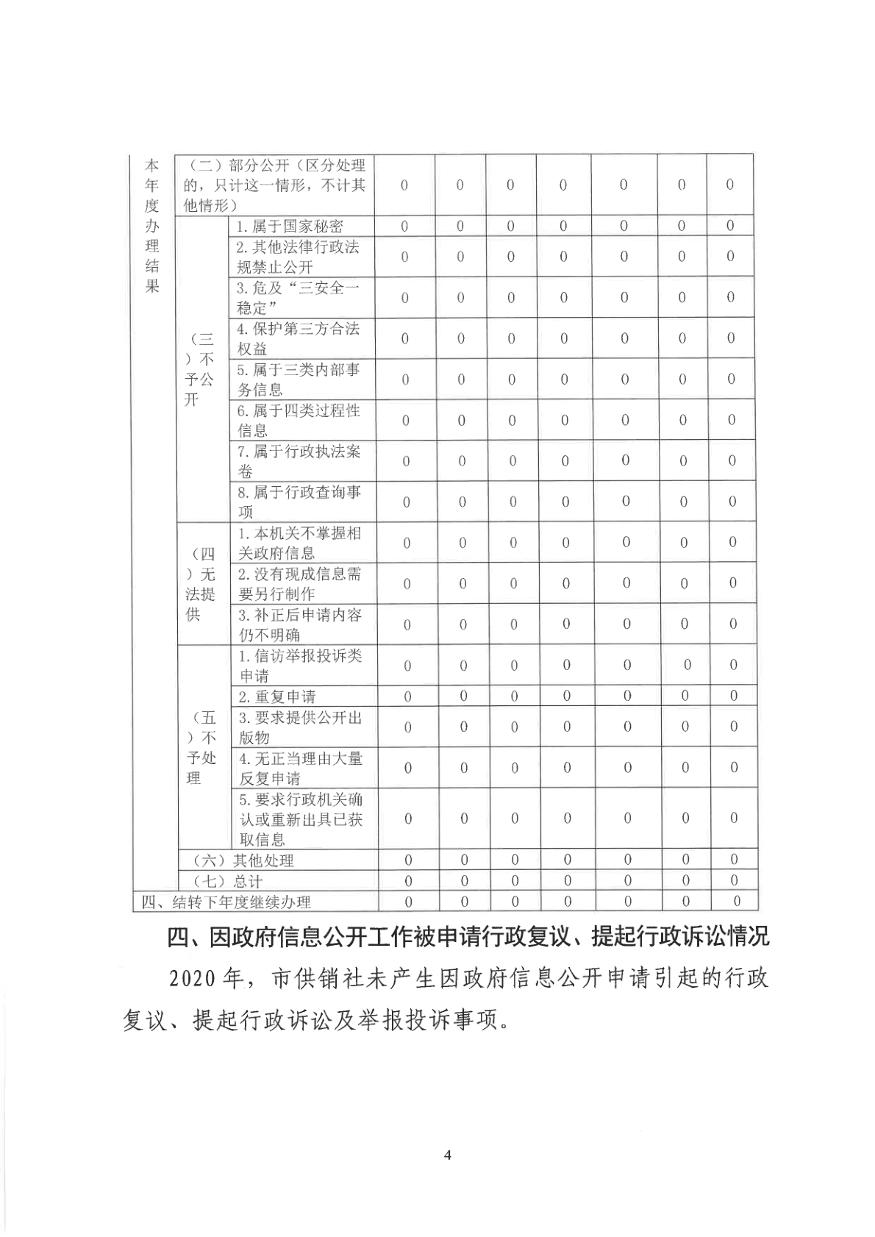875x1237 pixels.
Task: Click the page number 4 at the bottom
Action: coord(448,1155)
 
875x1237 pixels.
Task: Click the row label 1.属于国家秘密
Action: coord(289,227)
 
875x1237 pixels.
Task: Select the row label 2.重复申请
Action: coord(276,696)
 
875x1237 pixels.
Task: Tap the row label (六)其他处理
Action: coord(243,860)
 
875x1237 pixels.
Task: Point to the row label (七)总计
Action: coord(227,881)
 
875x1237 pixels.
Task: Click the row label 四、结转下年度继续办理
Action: coord(226,902)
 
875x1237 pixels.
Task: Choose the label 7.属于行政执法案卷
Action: coord(299,461)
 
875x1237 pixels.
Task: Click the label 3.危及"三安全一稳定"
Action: coord(298,298)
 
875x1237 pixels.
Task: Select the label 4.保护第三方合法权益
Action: coord(298,338)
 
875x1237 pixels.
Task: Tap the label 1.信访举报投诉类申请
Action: coord(300,666)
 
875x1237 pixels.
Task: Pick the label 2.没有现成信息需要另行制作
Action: coord(299,583)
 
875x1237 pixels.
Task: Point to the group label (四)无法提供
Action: coord(200,584)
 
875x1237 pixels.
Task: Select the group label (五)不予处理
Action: coord(201,748)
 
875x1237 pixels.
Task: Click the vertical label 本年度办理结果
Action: coord(152,227)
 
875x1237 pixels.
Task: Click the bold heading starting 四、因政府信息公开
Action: coord(468,938)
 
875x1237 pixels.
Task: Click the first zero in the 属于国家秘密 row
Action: coord(404,227)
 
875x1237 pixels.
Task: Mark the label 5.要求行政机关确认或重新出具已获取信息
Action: coord(301,819)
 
